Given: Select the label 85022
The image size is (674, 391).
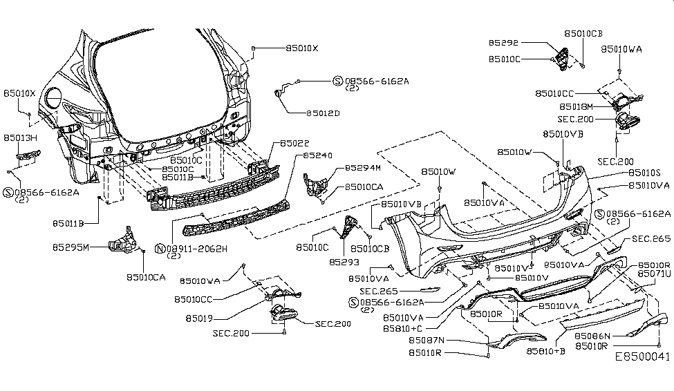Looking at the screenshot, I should (x=293, y=144).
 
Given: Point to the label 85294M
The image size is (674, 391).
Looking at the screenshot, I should (x=364, y=168).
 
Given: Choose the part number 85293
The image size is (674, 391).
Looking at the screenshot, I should (x=344, y=263).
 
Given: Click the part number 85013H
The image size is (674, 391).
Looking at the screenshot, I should (x=21, y=138).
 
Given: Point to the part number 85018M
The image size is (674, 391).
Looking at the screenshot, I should (x=576, y=107).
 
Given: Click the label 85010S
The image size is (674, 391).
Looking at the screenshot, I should (x=644, y=173).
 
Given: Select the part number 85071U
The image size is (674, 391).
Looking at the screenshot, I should (x=654, y=274).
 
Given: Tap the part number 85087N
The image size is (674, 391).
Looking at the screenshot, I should (x=427, y=340).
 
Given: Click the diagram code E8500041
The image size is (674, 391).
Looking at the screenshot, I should (x=642, y=377).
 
